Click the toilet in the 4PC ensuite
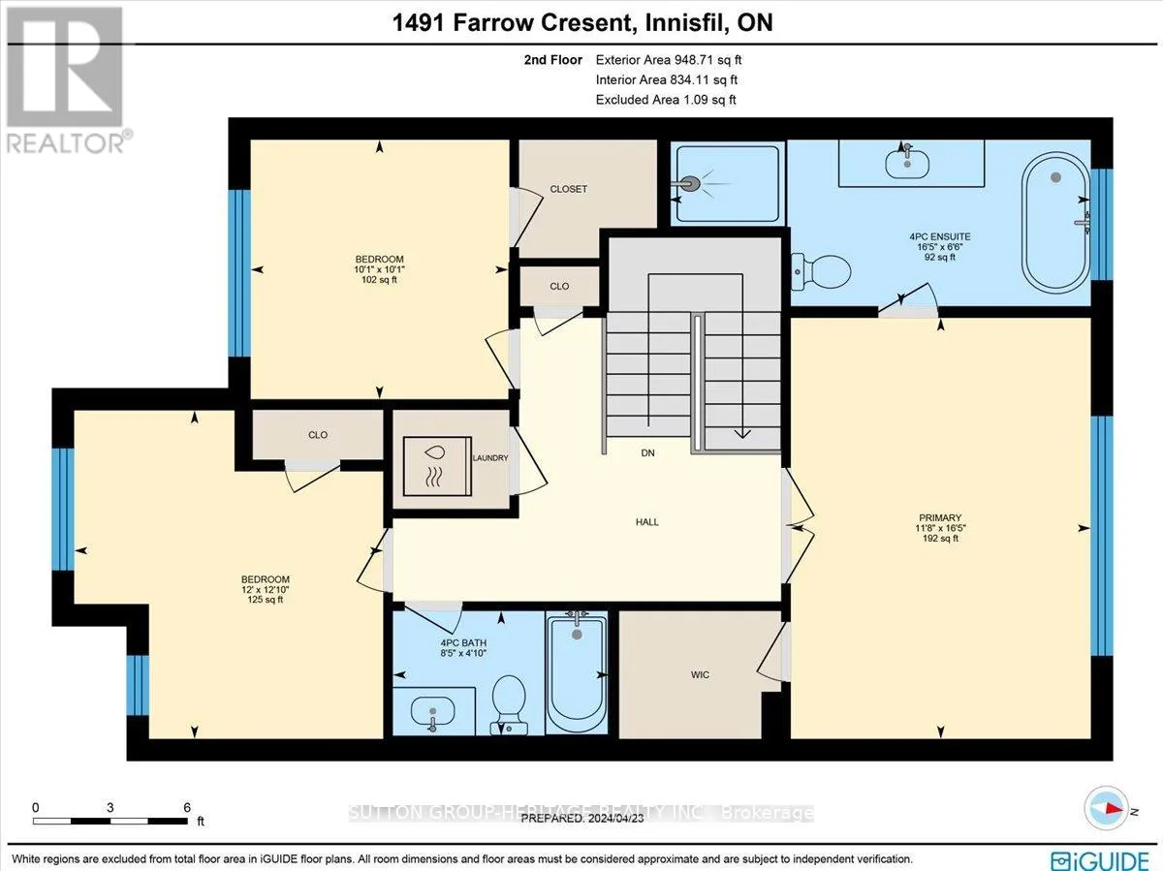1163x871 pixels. [x=821, y=272]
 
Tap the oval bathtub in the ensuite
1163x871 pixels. [x=1055, y=223]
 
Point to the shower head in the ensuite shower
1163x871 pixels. [x=689, y=184]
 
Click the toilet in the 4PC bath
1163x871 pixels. [x=509, y=704]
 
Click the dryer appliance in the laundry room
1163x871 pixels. [x=437, y=466]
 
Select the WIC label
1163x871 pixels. [x=700, y=674]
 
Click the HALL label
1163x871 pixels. [x=647, y=522]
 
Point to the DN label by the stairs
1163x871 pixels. [x=647, y=452]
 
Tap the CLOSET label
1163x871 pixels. [x=569, y=189]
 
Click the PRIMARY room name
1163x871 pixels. [x=940, y=517]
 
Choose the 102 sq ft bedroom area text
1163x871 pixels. [x=379, y=280]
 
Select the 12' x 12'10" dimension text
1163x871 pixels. [x=265, y=590]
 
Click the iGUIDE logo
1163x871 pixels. [x=1100, y=858]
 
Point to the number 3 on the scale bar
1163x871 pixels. [x=110, y=808]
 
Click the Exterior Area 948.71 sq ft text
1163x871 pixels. [x=668, y=60]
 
